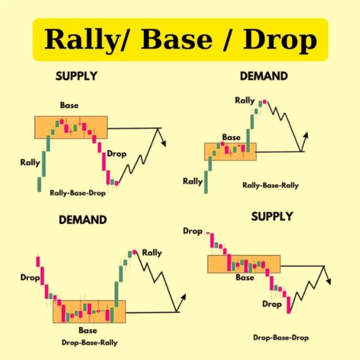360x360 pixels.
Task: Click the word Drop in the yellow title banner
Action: coord(280,40)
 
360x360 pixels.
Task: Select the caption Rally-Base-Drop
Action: coord(78,193)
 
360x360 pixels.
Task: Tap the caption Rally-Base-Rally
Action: coord(270,185)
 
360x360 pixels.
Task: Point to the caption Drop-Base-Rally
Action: coord(90,343)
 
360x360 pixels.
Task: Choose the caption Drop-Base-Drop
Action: coord(281,337)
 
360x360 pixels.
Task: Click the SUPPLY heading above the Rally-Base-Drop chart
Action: coord(76,76)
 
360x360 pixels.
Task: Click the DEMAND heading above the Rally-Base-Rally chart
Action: coord(264,76)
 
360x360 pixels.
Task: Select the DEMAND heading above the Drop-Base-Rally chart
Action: coord(82,220)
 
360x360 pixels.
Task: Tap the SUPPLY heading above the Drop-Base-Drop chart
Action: coord(272,216)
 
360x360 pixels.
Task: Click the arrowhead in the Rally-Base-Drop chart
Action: coord(164,144)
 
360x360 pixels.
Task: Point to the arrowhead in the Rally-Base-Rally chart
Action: coord(306,136)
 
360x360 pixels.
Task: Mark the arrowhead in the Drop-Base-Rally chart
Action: coord(183,297)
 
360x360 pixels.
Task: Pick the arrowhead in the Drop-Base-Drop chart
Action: coord(329,281)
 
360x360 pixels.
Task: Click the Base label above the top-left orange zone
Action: coord(69,105)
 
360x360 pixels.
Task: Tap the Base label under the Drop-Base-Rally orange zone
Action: coord(88,330)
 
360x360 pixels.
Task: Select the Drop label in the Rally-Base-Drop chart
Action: coord(116,154)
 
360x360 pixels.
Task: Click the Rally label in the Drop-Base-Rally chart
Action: coord(152,253)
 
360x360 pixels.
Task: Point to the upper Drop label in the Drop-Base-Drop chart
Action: coord(193,231)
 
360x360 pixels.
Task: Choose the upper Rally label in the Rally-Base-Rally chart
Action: coord(245,100)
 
